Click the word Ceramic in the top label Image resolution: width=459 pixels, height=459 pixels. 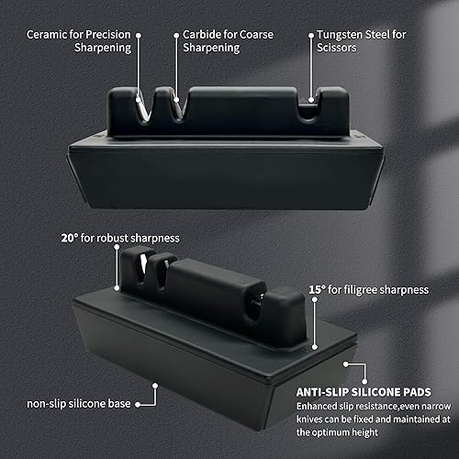(47, 33)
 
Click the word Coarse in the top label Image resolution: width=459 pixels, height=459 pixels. (258, 33)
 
